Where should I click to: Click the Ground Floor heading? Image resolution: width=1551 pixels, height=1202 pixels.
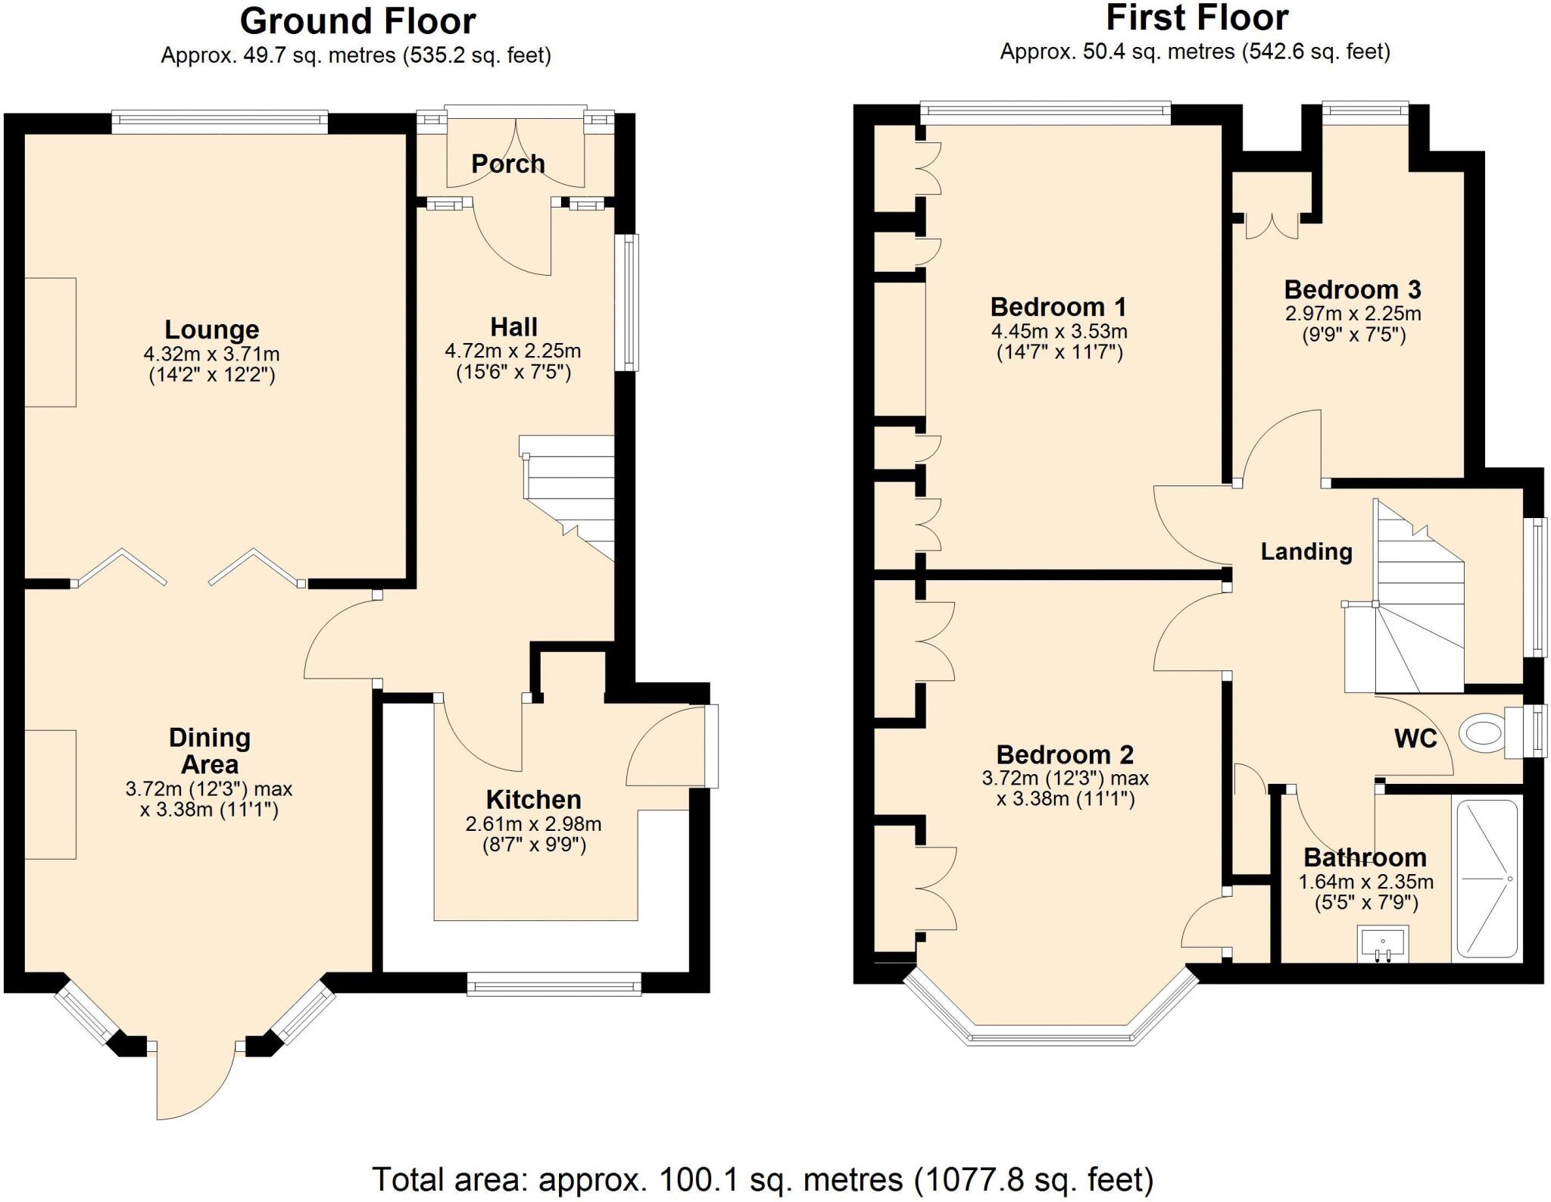click(x=357, y=21)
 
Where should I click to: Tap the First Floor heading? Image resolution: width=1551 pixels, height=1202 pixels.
click(x=1197, y=18)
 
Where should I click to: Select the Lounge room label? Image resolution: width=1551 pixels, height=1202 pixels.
click(x=212, y=329)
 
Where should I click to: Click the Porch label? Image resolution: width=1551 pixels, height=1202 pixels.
click(x=507, y=164)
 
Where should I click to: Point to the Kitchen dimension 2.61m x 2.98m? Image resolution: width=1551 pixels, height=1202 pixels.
click(x=533, y=824)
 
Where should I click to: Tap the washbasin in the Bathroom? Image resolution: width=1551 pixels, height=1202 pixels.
click(x=1383, y=944)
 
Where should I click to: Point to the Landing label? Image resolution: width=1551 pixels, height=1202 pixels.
click(x=1306, y=551)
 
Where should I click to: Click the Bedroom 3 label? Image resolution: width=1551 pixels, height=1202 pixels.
click(x=1353, y=289)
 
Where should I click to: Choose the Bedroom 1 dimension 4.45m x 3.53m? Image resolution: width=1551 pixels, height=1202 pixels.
click(x=1059, y=332)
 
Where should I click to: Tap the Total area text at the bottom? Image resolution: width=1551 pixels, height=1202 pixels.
click(x=763, y=1179)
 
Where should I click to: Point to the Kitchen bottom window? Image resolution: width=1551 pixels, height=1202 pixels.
click(x=554, y=984)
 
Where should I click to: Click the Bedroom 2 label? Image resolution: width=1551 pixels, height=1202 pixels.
click(x=1065, y=754)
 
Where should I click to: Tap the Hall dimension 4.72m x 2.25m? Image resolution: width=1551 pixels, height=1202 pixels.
click(x=513, y=351)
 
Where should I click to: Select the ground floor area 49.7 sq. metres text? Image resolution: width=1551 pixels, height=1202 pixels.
click(x=356, y=56)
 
